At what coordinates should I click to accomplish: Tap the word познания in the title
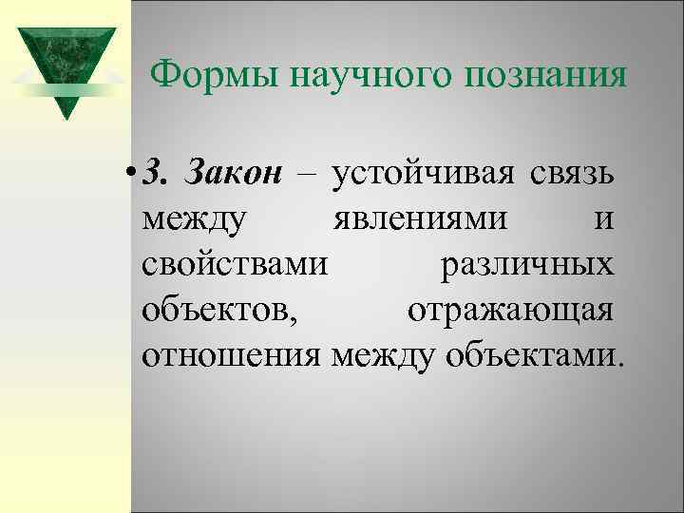tap(545, 74)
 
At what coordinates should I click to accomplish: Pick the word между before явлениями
tap(196, 220)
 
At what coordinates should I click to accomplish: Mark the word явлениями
tap(419, 220)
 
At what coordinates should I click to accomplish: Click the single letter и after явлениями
tap(601, 220)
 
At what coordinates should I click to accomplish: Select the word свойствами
tap(237, 264)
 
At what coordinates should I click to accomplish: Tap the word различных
tap(526, 264)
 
